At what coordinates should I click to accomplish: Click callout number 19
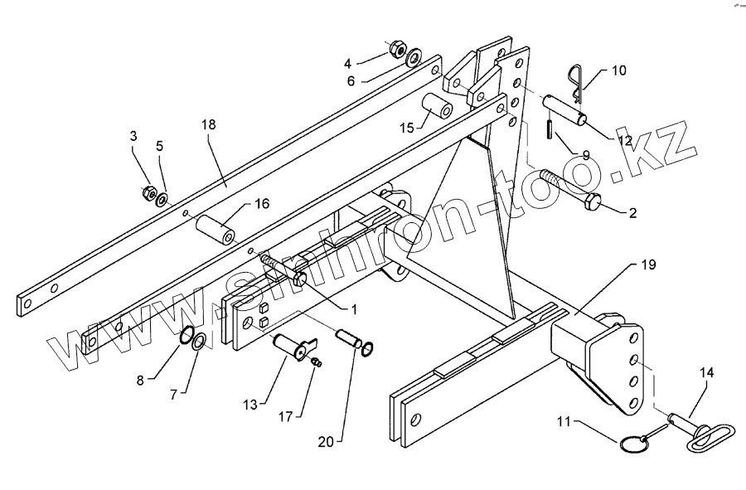point(648,265)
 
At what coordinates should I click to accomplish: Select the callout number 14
point(707,374)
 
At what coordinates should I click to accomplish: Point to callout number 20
point(326,442)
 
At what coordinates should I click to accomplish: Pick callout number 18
point(207,124)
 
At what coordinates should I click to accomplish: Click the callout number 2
point(632,213)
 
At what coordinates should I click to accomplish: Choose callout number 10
point(619,70)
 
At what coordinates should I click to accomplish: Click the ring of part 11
point(633,445)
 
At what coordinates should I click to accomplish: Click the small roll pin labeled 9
point(550,131)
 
